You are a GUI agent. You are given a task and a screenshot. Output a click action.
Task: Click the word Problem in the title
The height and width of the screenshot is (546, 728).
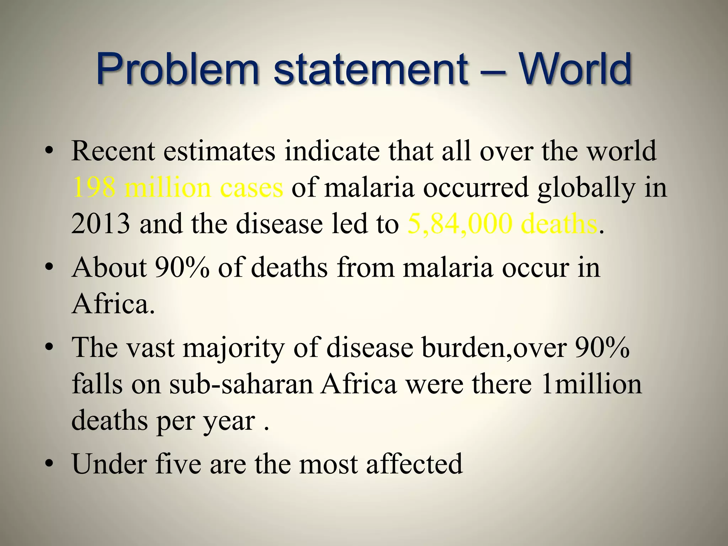(x=177, y=69)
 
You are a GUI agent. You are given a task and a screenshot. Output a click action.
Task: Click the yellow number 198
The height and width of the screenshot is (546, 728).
(x=94, y=188)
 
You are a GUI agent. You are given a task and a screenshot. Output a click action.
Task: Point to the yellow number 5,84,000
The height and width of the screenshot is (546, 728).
(x=460, y=224)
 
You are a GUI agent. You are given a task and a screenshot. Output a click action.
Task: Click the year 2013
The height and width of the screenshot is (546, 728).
(x=101, y=224)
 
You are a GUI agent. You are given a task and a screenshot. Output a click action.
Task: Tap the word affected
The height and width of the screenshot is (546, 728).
(x=414, y=464)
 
